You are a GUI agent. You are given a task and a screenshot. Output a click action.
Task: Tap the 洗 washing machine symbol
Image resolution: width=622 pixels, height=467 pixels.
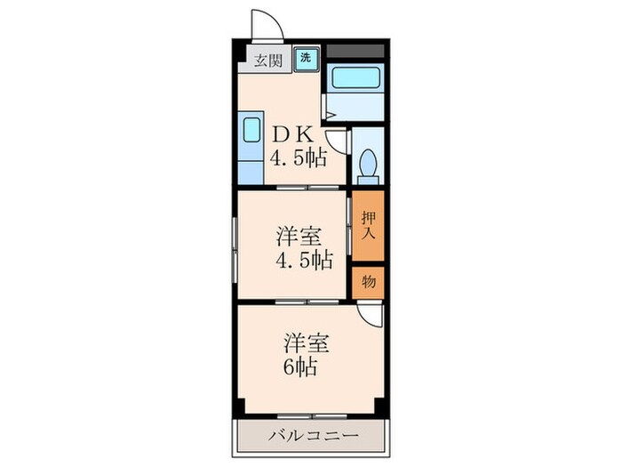[x=305, y=58]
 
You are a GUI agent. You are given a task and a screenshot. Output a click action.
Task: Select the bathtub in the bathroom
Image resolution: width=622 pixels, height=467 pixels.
[x=355, y=81]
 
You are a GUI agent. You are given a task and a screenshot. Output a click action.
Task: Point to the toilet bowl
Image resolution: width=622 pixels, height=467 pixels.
[x=367, y=165]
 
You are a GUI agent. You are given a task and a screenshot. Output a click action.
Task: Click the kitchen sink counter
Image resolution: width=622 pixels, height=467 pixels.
[x=251, y=145]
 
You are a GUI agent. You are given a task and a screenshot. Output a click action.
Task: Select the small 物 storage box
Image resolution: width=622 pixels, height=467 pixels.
[x=368, y=282]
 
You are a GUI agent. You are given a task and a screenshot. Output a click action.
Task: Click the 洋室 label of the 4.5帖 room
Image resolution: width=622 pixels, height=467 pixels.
[x=299, y=238]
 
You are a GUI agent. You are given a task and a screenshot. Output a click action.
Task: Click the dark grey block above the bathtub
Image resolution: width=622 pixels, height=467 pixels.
[x=355, y=50]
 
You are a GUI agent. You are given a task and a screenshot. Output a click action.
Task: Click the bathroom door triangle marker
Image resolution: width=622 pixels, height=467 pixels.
[x=329, y=113]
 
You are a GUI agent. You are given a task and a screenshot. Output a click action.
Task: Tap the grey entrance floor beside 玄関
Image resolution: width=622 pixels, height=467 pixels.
[x=246, y=68]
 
